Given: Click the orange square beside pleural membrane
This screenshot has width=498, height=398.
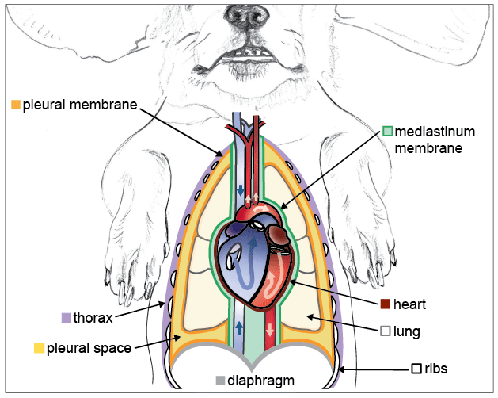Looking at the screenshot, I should pyautogui.click(x=16, y=104).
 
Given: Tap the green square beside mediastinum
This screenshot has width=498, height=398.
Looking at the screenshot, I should pyautogui.click(x=387, y=132).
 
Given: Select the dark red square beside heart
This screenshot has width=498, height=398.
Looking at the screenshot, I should pyautogui.click(x=386, y=304).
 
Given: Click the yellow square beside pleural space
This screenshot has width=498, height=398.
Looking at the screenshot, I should pyautogui.click(x=39, y=347).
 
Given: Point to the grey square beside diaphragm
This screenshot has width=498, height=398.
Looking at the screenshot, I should pyautogui.click(x=221, y=381).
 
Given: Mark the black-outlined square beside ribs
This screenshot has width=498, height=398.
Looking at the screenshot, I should pyautogui.click(x=416, y=369).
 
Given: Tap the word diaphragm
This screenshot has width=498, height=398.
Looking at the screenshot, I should pyautogui.click(x=260, y=381).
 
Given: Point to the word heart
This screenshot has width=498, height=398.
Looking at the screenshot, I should pyautogui.click(x=410, y=304).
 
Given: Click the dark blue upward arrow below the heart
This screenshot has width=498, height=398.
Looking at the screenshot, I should pyautogui.click(x=240, y=328).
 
